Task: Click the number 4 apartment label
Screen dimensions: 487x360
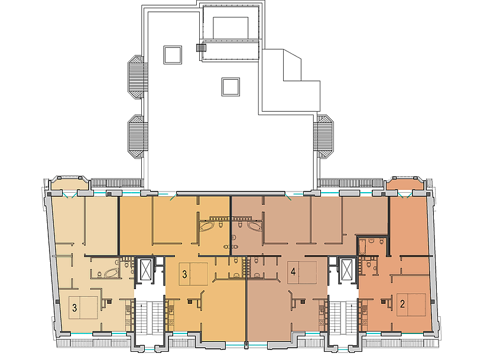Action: (293, 272)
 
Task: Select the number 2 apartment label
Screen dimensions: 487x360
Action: (402, 304)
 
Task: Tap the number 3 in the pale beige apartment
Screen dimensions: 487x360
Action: (74, 308)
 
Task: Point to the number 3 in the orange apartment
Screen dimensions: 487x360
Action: (184, 274)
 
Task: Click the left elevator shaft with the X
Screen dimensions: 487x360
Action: (145, 270)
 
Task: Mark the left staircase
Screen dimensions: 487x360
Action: (150, 317)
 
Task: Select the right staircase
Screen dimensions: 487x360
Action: (343, 317)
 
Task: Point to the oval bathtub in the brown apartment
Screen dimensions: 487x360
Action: (255, 226)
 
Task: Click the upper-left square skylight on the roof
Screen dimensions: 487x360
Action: (173, 55)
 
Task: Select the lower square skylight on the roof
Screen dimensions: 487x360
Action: (230, 87)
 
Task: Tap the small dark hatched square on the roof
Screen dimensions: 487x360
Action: (201, 47)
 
